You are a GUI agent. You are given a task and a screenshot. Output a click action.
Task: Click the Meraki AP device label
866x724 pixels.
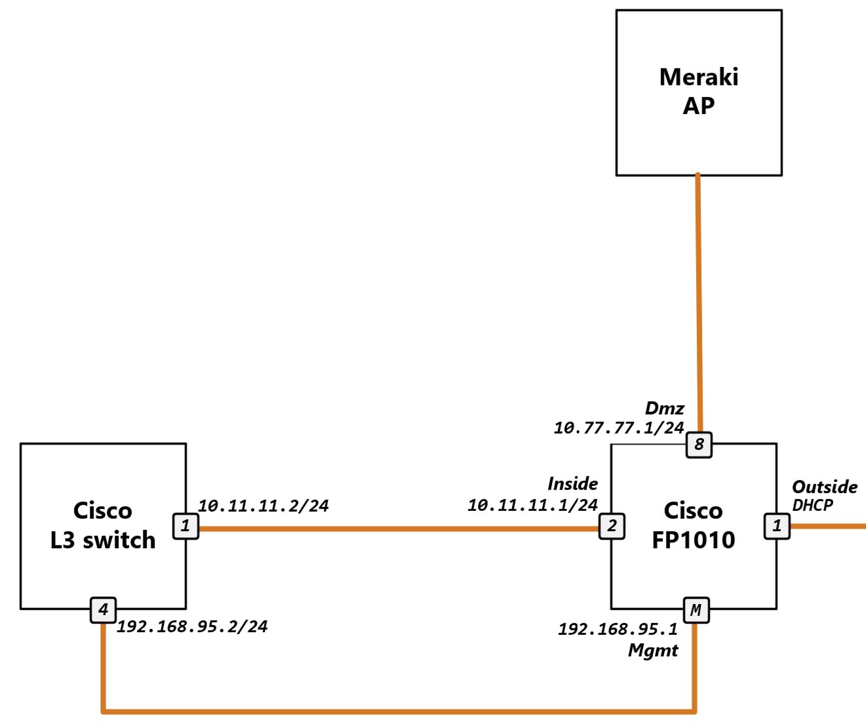click(x=699, y=91)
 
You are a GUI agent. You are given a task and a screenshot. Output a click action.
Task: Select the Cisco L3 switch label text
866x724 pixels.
click(x=103, y=525)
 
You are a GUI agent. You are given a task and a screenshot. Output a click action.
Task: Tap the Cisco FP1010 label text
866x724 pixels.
click(x=694, y=525)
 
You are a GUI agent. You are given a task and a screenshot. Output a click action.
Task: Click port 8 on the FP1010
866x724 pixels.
click(x=699, y=445)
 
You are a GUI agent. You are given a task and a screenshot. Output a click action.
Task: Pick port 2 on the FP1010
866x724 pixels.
click(x=612, y=526)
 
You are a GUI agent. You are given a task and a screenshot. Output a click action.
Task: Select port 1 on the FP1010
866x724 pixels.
click(x=777, y=526)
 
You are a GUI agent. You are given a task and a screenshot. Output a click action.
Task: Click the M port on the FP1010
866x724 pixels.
click(x=696, y=610)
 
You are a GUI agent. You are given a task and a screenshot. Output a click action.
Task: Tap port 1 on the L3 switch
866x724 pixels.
click(x=186, y=526)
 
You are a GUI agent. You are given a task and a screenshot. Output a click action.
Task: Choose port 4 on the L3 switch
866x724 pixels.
click(x=103, y=610)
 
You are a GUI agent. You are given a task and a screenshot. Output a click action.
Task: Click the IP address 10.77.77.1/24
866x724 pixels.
click(x=619, y=428)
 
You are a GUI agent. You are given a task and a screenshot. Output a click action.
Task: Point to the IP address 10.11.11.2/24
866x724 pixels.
click(x=264, y=506)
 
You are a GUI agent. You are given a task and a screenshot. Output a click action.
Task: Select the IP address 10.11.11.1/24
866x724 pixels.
click(x=532, y=505)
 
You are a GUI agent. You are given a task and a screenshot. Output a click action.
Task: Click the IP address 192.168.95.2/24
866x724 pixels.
click(x=192, y=626)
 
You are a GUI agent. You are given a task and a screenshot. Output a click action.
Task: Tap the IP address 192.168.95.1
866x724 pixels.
click(x=618, y=630)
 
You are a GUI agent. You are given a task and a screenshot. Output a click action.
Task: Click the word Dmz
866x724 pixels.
click(x=664, y=408)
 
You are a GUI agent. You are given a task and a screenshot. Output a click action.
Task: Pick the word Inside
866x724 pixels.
click(x=572, y=484)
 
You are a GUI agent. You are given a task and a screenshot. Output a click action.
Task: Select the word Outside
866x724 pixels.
click(x=825, y=487)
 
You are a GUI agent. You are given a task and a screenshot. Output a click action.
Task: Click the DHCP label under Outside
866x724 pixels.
click(x=812, y=505)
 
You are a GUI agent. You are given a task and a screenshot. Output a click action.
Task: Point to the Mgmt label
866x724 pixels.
click(x=653, y=651)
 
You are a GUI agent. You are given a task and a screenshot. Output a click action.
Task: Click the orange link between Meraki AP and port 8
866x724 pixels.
click(x=698, y=302)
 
